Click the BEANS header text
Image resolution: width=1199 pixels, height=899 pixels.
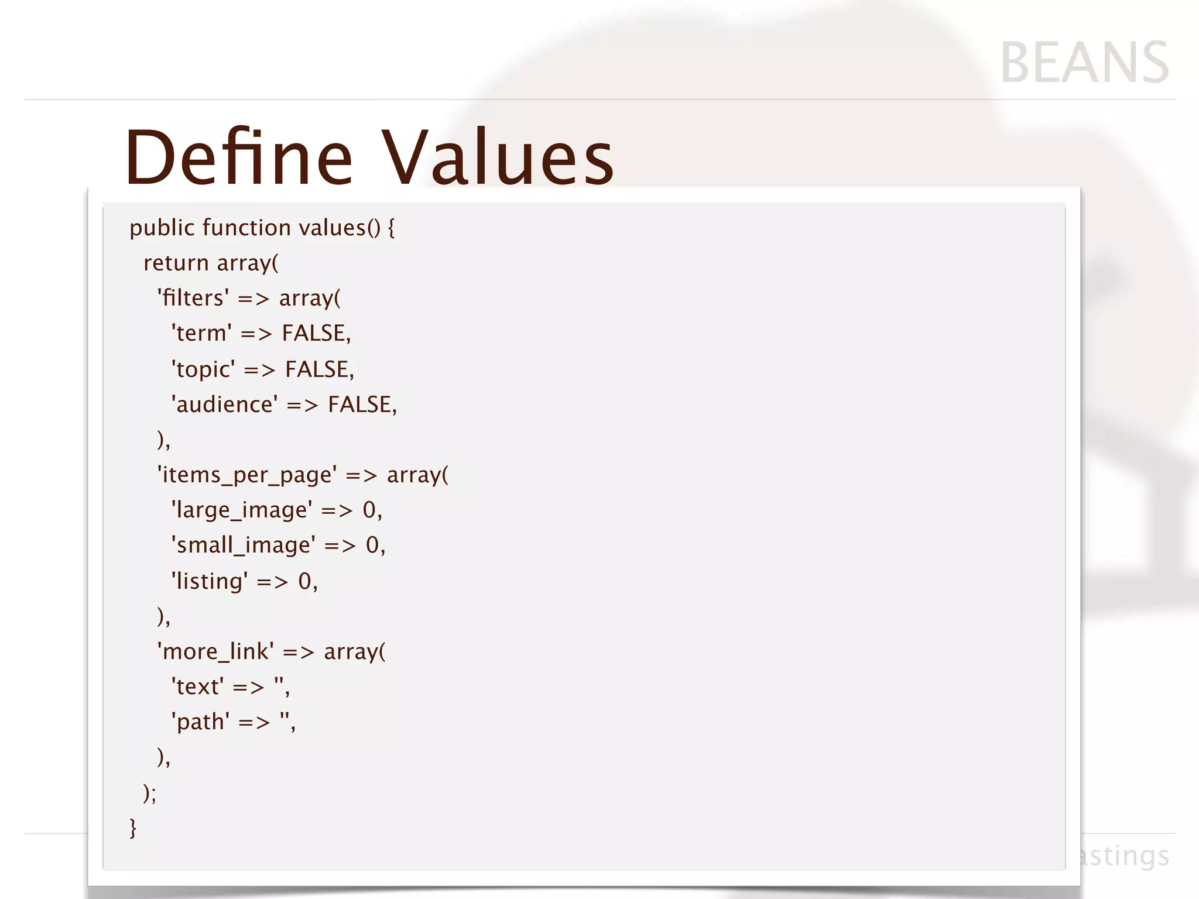[x=1084, y=63]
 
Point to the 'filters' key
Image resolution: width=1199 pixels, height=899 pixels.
[x=193, y=298]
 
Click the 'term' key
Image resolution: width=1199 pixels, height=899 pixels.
[x=201, y=334]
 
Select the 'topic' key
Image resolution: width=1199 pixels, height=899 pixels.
[x=203, y=370]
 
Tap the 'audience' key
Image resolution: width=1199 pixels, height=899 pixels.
[x=224, y=405]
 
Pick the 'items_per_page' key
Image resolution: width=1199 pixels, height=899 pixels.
[x=246, y=475]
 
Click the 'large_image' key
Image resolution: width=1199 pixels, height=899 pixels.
[x=242, y=510]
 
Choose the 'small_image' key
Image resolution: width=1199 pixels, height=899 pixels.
[x=243, y=545]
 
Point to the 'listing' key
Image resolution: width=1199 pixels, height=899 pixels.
[x=209, y=581]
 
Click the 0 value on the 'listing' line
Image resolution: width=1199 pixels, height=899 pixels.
[x=305, y=581]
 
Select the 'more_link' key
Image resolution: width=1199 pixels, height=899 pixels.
[x=215, y=651]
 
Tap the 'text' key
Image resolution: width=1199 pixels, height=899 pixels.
[x=197, y=687]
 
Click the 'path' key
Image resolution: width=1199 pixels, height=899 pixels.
[x=200, y=722]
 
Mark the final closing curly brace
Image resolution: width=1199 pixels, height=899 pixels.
[x=133, y=828]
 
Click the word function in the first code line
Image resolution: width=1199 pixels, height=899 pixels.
[x=246, y=228]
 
